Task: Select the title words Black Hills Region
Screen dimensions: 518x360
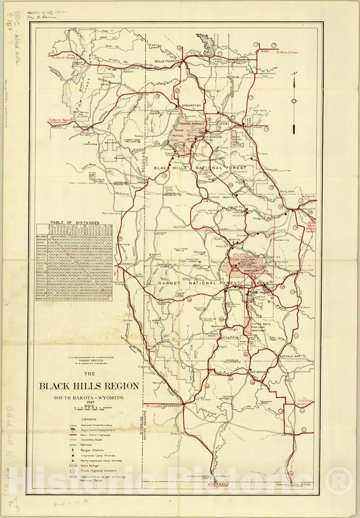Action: tap(89, 386)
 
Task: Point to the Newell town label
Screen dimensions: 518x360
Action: tap(265, 51)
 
